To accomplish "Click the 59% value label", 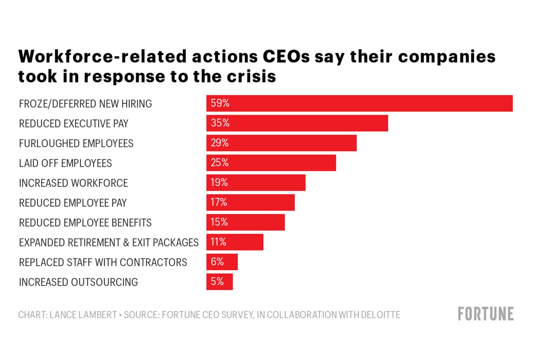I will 220,103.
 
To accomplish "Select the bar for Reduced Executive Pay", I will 297,123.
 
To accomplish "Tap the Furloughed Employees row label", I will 76,144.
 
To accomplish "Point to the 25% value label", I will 219,163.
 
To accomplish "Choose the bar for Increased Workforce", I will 256,183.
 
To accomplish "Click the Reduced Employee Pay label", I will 73,203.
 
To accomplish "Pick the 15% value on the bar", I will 219,222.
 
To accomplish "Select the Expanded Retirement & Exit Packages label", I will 109,243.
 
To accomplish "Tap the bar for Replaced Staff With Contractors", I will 222,262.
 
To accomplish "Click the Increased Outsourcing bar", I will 219,282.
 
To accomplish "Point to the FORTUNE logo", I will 486,314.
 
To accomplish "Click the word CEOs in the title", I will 286,57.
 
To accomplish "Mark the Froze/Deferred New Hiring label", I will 85,104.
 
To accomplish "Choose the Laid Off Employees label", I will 65,163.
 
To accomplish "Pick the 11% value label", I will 218,242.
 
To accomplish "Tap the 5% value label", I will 217,282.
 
